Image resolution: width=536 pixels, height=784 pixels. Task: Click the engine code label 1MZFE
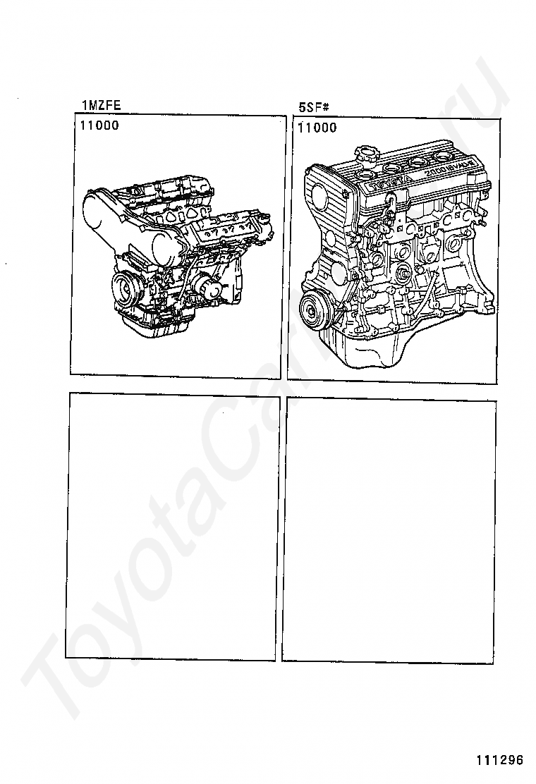[102, 106]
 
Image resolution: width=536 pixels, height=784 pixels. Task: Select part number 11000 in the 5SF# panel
[317, 128]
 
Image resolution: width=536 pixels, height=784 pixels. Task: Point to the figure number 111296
[499, 760]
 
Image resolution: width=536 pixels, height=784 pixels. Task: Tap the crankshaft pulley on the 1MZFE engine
[126, 289]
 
